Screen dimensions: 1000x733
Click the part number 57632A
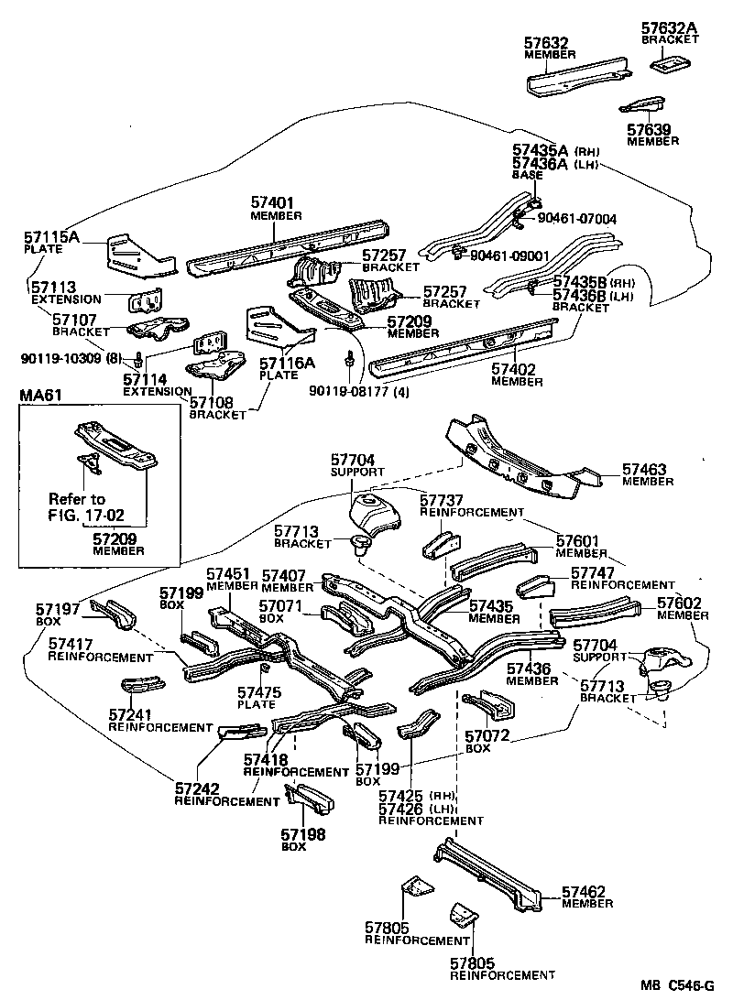pyautogui.click(x=669, y=28)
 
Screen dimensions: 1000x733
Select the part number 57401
pyautogui.click(x=271, y=202)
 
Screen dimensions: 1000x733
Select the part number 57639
pyautogui.click(x=649, y=129)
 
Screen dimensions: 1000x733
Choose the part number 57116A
pyautogui.click(x=286, y=363)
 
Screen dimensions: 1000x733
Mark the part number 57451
pyautogui.click(x=228, y=575)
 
